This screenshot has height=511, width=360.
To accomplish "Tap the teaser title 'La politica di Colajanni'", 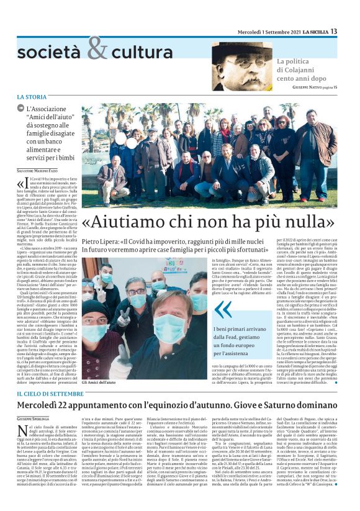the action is point(300,70).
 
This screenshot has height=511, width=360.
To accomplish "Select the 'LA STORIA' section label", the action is point(31,97).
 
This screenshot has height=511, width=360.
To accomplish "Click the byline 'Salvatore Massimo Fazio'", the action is point(40,170).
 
